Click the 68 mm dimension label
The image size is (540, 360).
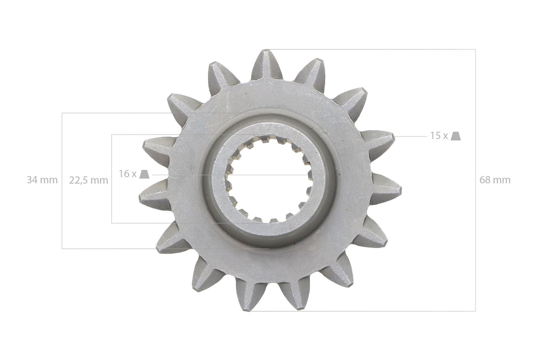tap(495, 180)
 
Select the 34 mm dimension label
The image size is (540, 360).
tap(42, 180)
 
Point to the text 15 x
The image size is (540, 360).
tap(439, 136)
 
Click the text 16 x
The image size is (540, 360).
tap(127, 174)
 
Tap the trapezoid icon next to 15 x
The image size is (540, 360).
tap(455, 136)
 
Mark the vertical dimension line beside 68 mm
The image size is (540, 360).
tap(475, 224)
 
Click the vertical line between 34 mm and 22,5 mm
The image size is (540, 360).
tap(62, 209)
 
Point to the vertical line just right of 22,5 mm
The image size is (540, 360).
tap(112, 202)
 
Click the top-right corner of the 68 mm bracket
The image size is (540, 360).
tap(475, 49)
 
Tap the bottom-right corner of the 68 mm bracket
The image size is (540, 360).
tap(475, 311)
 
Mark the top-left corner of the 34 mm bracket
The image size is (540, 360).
tap(62, 113)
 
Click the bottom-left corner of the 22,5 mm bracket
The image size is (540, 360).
tap(112, 223)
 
